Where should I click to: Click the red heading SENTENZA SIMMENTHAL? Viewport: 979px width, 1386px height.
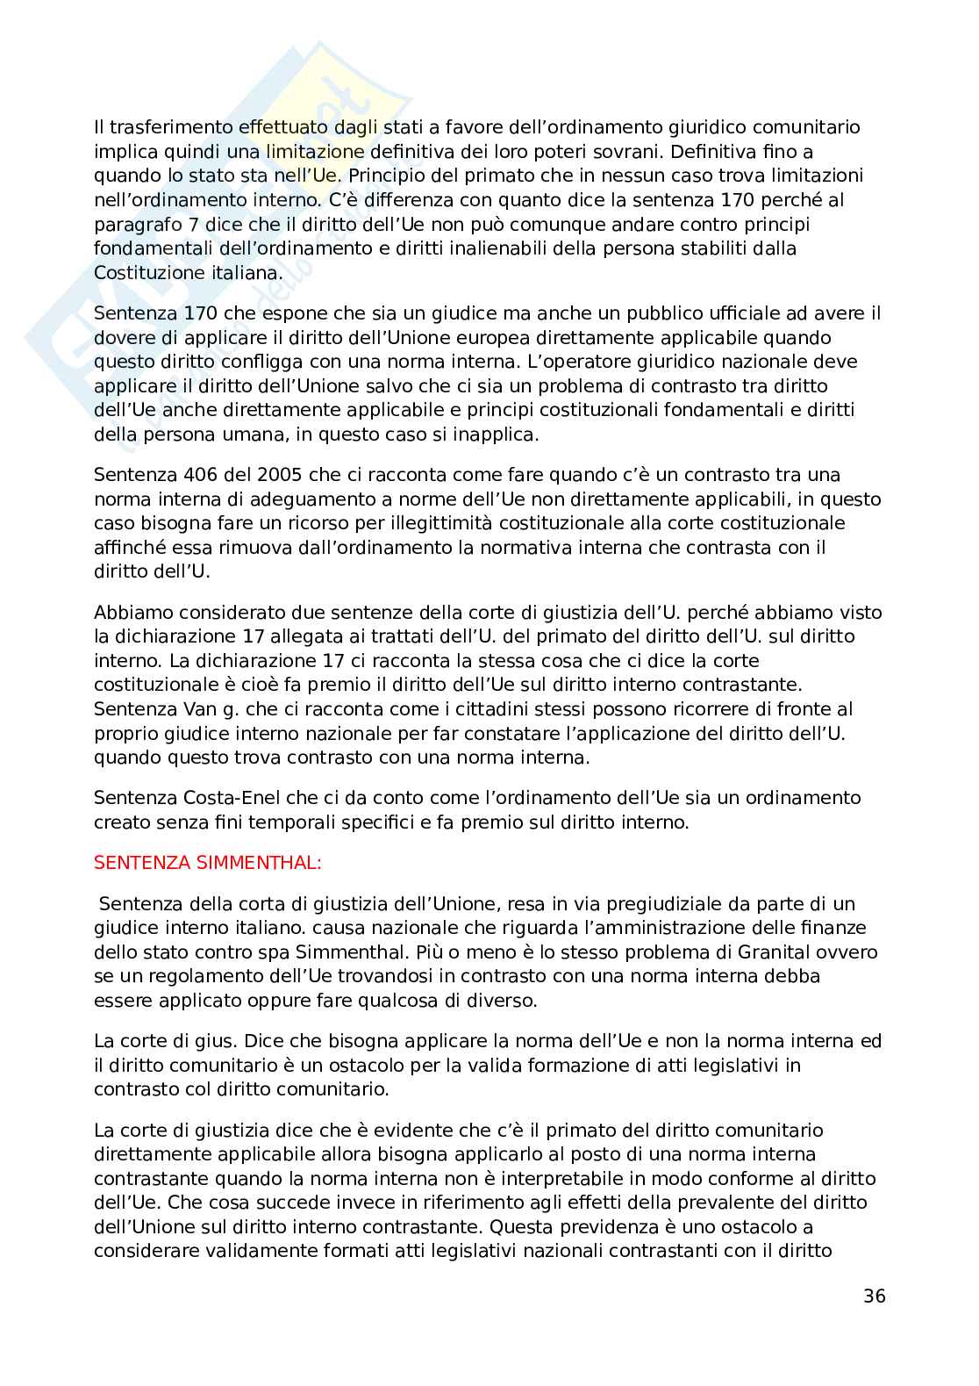click(x=208, y=863)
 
